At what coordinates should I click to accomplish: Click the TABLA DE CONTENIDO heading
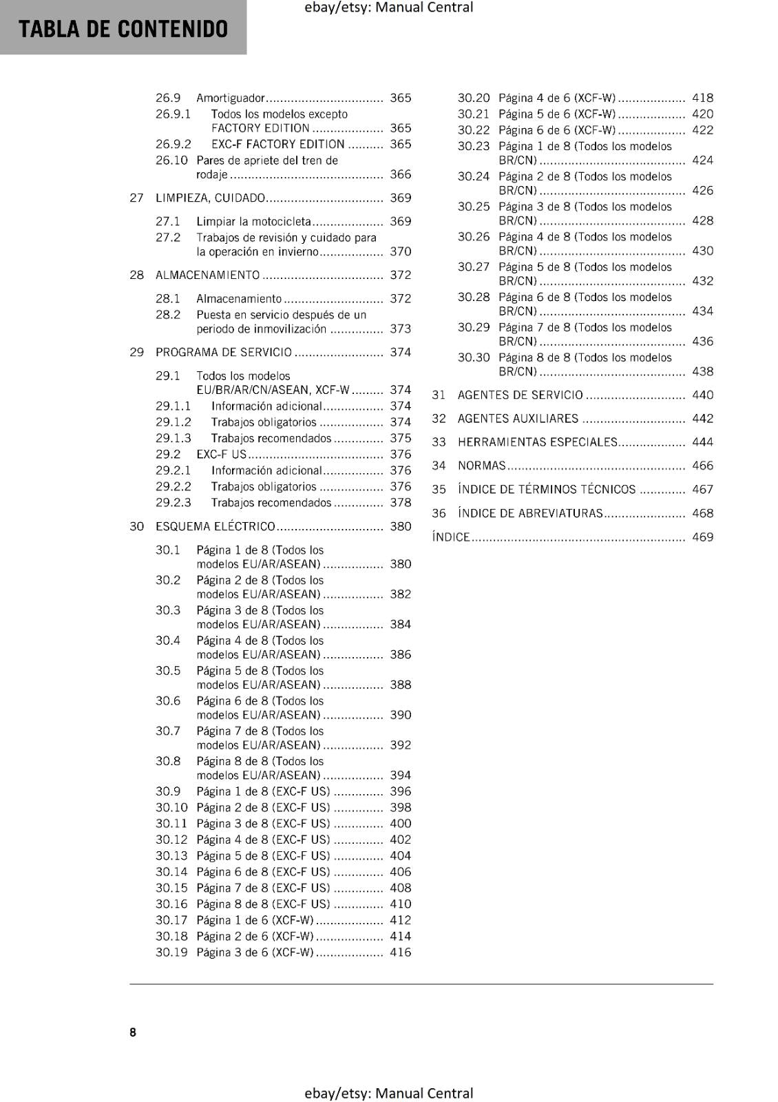123,29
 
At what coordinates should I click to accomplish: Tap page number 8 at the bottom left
133,1032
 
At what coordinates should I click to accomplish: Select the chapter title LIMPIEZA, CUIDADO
210,198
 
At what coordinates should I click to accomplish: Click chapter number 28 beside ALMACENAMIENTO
136,275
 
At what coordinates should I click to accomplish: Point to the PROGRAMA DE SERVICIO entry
223,353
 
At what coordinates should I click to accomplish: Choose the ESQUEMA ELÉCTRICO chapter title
215,527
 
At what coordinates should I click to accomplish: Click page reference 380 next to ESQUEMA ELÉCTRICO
400,527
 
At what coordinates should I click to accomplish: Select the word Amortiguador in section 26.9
230,98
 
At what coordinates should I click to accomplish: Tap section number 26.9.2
173,145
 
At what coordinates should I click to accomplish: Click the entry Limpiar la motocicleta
253,222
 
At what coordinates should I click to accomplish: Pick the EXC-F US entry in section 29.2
221,455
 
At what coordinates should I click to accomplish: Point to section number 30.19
171,953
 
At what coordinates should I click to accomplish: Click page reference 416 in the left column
400,953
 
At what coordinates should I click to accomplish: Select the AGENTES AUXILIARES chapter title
518,419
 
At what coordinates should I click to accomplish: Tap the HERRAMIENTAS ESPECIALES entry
537,442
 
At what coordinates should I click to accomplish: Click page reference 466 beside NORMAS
702,466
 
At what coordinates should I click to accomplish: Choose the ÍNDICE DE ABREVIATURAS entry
530,513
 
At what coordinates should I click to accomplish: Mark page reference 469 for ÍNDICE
702,537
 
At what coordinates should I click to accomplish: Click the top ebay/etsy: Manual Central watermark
388,8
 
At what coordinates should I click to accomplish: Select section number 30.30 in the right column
474,358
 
